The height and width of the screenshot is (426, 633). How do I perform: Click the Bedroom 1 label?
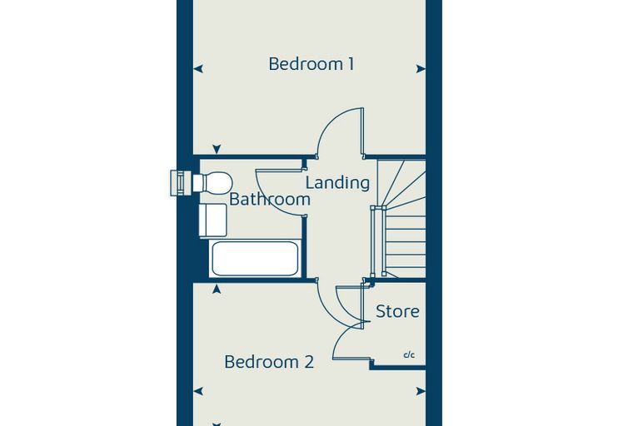tap(312, 64)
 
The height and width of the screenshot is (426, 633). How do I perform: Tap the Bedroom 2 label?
tap(269, 361)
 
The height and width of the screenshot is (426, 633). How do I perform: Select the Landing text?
tap(337, 183)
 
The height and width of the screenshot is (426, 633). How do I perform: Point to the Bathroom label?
tap(270, 200)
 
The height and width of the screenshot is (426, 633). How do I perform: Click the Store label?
tap(397, 311)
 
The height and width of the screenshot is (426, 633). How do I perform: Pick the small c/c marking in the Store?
tap(409, 355)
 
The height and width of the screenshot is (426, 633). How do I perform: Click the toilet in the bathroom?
tap(212, 183)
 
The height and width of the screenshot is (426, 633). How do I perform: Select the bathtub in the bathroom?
tap(255, 259)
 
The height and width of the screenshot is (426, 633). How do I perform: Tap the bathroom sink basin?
tap(212, 220)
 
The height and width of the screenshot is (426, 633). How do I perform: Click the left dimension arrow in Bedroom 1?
tap(198, 69)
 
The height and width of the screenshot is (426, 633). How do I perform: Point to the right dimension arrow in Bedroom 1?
tap(421, 69)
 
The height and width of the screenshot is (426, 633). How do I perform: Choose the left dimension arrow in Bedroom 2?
tap(198, 391)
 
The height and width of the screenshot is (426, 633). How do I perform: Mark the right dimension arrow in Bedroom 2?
tap(421, 391)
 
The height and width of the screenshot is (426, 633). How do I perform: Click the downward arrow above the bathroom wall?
tap(217, 149)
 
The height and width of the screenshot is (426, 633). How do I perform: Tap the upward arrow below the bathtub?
tap(217, 289)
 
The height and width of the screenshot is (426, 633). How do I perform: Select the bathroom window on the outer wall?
tap(182, 183)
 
